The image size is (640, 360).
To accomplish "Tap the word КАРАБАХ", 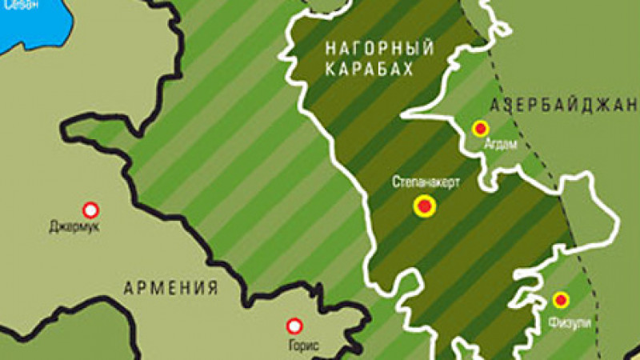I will tap(369, 70).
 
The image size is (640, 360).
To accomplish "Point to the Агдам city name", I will tap(501, 145).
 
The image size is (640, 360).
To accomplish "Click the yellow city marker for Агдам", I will tap(480, 128).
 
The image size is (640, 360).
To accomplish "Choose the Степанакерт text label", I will tap(426, 182).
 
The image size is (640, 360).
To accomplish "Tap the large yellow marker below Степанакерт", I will tap(425, 208).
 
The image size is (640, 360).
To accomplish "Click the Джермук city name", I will tap(70, 227).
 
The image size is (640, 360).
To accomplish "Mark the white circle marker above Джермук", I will tap(91, 210).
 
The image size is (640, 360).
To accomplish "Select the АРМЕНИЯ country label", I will tap(171, 288).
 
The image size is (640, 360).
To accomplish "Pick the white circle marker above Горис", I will tap(294, 326).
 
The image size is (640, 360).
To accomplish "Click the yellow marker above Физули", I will tap(561, 301).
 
